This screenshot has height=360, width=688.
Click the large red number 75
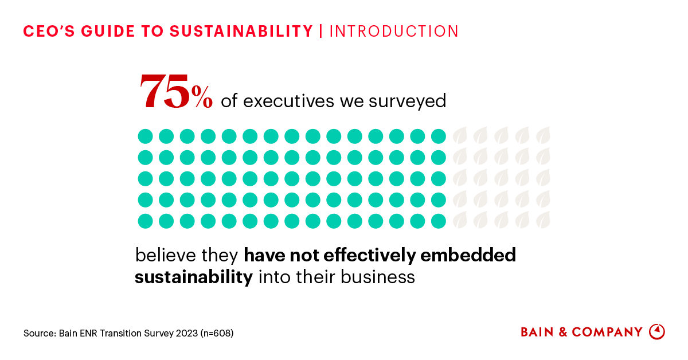coord(165,92)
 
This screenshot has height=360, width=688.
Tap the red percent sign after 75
coord(202,99)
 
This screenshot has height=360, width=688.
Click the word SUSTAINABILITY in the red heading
coord(241,32)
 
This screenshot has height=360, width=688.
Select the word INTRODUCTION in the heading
coord(394,32)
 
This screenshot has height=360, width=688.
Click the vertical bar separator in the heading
coord(321,32)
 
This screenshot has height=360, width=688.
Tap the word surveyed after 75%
coord(409,101)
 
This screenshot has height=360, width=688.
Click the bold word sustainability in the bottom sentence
coord(194,277)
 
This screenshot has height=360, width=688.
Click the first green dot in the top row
coord(145,136)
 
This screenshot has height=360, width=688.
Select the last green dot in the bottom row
coord(439,221)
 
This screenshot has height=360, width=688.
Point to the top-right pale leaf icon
coord(543,136)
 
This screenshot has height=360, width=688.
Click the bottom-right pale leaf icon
coord(543,220)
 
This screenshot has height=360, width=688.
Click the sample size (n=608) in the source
coord(217,333)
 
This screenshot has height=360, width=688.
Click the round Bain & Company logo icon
coord(656,332)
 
